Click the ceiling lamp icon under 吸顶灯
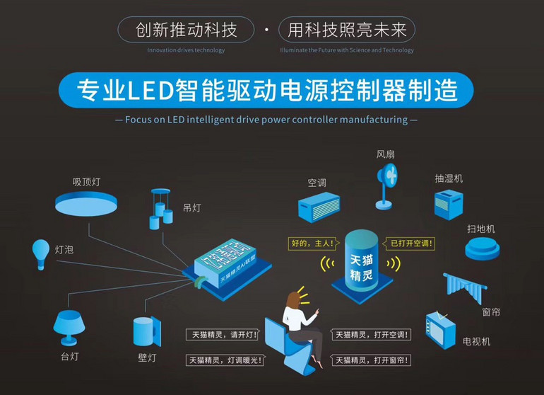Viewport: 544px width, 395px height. click(88, 205)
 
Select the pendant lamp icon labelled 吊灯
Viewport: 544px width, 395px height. click(160, 209)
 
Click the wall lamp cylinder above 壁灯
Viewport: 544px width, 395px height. click(145, 331)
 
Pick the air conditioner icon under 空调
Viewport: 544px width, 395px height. click(319, 207)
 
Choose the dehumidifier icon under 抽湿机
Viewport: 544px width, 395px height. click(449, 202)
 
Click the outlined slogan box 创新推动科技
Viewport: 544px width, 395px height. click(185, 30)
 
